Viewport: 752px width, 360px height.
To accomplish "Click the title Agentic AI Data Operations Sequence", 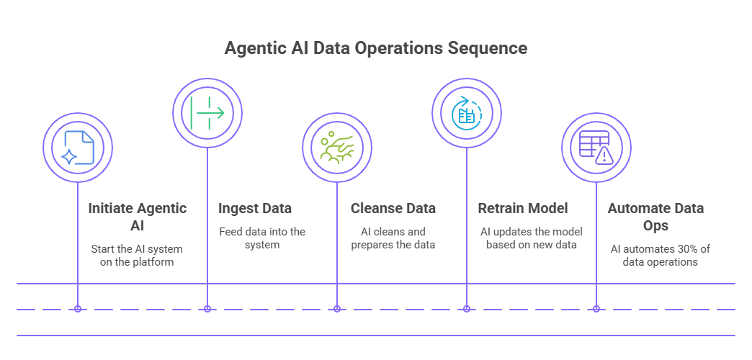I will (375, 49).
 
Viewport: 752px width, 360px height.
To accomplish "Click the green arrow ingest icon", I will (207, 112).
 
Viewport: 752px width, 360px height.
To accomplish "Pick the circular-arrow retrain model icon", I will (466, 112).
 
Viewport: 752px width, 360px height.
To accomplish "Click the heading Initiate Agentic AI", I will (137, 217).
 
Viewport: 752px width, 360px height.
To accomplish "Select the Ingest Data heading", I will (255, 209).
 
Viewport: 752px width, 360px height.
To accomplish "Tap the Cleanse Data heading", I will (393, 209).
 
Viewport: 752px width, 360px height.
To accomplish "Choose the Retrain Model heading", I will (523, 209).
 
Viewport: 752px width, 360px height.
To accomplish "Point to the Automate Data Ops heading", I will (655, 217).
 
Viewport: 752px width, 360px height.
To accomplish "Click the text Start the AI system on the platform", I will (137, 256).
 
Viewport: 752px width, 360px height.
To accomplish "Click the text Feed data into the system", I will (262, 238).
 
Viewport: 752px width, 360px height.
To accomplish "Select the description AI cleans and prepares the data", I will (393, 238).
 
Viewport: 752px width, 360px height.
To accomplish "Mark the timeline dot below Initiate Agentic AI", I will (78, 309).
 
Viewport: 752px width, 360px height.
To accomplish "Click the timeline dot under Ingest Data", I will (207, 309).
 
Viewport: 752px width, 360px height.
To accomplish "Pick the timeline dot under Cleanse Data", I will (337, 309).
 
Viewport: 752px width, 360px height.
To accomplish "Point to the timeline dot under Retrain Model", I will (467, 309).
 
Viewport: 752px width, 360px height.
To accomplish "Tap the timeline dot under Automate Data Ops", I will (596, 309).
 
